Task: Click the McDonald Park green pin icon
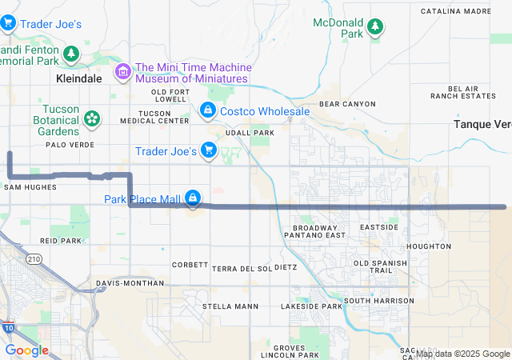374,28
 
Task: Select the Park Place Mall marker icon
192,197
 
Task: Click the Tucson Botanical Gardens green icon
92,119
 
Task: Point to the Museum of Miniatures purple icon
123,73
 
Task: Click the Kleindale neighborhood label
79,80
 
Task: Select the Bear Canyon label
346,104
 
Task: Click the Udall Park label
250,132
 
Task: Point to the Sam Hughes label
30,186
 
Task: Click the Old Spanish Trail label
374,267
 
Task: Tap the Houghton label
428,246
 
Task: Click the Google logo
27,350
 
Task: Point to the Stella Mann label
230,306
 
